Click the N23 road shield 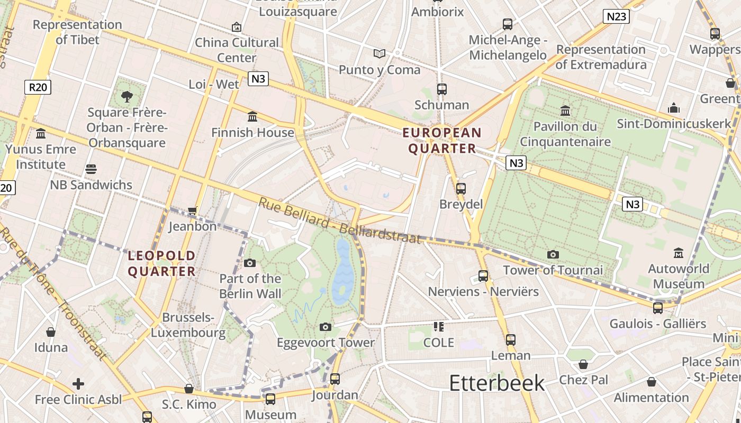(616, 16)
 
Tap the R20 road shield (38, 87)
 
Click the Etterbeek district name (496, 383)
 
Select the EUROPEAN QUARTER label (442, 140)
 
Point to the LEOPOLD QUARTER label (162, 263)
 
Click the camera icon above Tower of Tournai (553, 254)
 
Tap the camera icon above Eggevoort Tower (326, 327)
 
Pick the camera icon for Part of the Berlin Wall (250, 263)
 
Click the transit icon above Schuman (442, 89)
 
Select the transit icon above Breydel (460, 188)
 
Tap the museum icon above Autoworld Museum (679, 253)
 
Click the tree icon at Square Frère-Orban (127, 96)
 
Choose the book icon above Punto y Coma (379, 53)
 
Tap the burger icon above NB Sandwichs (91, 169)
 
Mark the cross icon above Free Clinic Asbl (78, 383)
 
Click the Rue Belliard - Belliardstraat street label (341, 221)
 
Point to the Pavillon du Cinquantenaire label (565, 134)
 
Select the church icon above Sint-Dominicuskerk (674, 108)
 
